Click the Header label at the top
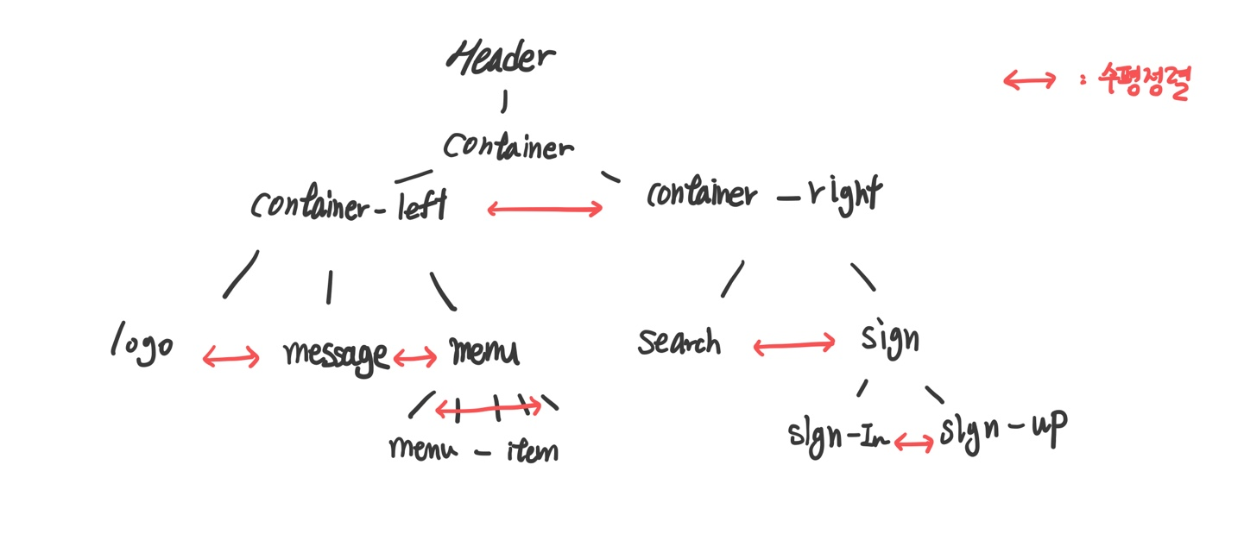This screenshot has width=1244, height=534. click(501, 57)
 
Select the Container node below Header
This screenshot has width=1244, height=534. click(508, 146)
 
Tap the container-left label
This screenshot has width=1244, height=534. click(349, 205)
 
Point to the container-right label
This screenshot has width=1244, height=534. click(764, 193)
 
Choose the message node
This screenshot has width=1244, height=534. click(336, 355)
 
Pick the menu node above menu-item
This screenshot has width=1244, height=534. click(484, 351)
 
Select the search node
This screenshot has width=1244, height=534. click(679, 342)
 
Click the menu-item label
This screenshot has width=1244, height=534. click(473, 449)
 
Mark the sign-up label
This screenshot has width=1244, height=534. click(1003, 428)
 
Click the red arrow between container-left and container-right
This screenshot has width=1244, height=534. click(545, 209)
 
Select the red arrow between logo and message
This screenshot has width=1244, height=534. click(230, 357)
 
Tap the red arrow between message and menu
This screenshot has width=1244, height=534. click(415, 357)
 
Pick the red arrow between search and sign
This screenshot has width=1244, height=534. click(794, 346)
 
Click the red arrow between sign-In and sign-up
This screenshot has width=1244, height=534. click(913, 443)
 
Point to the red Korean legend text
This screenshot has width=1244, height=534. click(1144, 82)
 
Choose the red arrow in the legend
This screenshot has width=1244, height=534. click(1030, 81)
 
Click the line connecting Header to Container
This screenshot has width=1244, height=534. click(504, 103)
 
